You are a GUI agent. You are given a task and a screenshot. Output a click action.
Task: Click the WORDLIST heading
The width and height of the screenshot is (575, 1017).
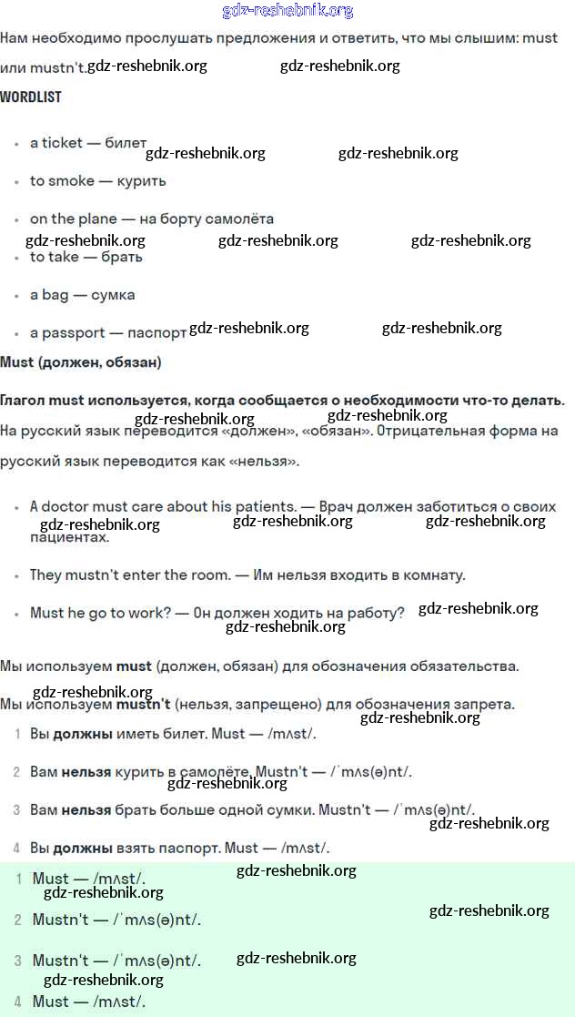pos(31,97)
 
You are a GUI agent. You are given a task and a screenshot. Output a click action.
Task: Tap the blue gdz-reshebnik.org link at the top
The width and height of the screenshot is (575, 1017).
pos(287,11)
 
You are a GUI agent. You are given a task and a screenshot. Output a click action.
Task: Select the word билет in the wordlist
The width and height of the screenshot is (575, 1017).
pos(126,143)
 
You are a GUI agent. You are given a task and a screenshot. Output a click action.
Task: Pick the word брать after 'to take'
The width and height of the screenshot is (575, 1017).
pos(123,258)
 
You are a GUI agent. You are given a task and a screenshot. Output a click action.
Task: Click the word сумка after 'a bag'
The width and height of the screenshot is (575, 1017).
pos(113,296)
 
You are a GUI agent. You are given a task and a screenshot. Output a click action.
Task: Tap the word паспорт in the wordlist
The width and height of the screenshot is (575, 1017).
pos(157,333)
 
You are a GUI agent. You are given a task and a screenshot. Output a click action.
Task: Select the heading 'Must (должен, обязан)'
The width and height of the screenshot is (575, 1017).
pos(81,362)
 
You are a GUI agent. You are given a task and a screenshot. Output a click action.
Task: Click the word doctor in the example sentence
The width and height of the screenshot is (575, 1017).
pos(67,507)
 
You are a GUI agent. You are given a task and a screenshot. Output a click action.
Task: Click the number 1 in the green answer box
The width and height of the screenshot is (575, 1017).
pos(18,879)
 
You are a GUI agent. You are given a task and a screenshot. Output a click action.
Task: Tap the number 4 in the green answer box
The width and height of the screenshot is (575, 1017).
pos(18,1002)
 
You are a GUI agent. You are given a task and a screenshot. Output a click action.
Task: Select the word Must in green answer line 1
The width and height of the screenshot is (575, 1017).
pos(50,880)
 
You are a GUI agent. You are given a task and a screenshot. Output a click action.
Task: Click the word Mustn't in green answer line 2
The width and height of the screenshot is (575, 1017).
pos(60,920)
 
